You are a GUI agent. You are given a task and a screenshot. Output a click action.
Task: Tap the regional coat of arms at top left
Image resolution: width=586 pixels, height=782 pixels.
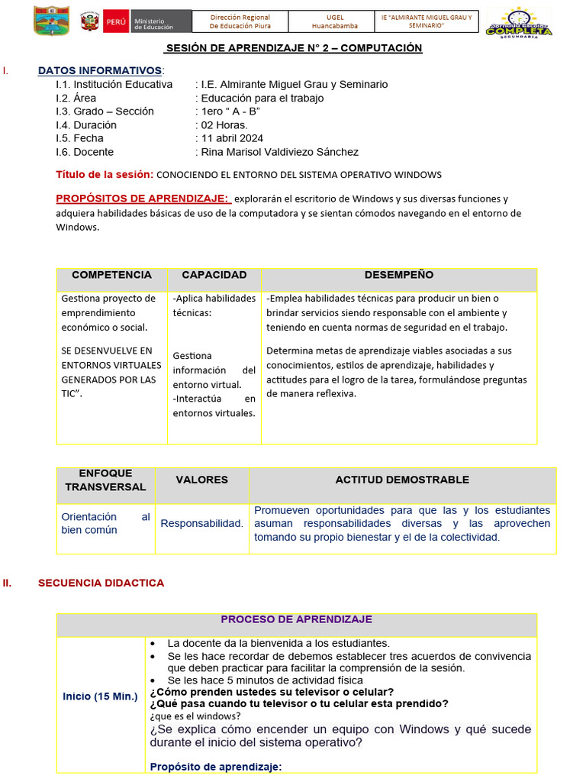click(x=51, y=21)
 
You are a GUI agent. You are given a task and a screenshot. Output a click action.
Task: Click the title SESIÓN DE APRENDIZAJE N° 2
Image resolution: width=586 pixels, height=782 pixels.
click(x=294, y=48)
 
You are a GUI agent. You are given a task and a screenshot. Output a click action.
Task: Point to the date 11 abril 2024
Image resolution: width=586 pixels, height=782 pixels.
click(x=231, y=138)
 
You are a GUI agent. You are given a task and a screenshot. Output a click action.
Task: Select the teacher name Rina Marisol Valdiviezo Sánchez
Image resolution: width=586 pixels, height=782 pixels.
click(x=279, y=152)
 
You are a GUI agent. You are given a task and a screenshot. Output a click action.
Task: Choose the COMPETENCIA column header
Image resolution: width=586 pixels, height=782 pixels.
click(x=111, y=275)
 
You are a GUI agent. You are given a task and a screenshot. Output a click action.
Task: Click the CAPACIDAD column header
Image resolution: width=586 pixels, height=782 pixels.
click(x=214, y=275)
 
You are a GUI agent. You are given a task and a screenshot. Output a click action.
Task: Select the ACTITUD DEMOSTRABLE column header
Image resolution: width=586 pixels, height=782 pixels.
click(x=402, y=480)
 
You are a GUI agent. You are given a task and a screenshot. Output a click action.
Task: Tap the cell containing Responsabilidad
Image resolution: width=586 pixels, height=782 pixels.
click(x=201, y=524)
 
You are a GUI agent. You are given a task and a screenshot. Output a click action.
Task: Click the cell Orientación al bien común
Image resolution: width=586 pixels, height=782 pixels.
click(x=105, y=523)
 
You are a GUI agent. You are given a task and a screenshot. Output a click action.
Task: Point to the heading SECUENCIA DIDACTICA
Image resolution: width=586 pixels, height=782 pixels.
click(x=101, y=583)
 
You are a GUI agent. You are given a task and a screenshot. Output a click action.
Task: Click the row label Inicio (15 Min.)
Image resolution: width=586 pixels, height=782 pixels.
click(x=100, y=696)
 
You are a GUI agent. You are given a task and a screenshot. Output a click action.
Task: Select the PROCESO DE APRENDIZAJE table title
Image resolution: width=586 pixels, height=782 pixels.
click(x=296, y=619)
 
